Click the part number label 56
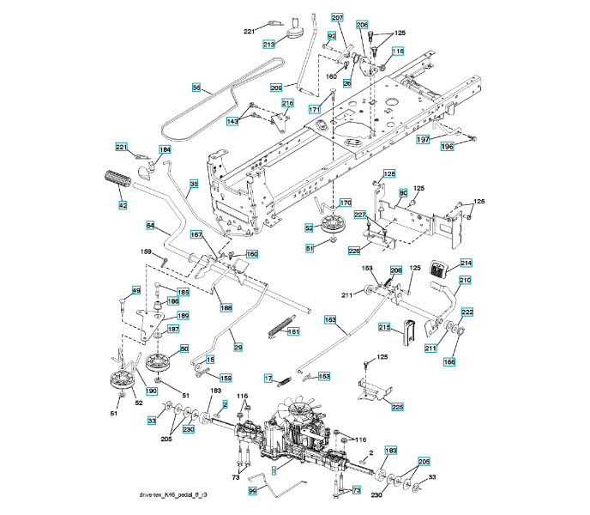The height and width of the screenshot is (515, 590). click(x=196, y=88)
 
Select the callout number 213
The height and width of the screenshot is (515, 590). click(x=268, y=44)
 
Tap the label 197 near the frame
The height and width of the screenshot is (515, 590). click(x=423, y=138)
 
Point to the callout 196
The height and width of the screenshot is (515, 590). click(x=447, y=147)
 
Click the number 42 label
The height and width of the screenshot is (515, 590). click(x=123, y=205)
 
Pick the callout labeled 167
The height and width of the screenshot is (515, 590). click(x=196, y=234)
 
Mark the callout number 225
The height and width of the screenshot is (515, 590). click(x=397, y=406)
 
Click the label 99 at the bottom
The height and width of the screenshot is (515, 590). click(x=253, y=490)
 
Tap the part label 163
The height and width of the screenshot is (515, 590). click(x=330, y=319)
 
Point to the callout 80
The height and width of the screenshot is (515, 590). click(x=403, y=193)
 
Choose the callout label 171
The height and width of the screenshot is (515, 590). click(x=315, y=110)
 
